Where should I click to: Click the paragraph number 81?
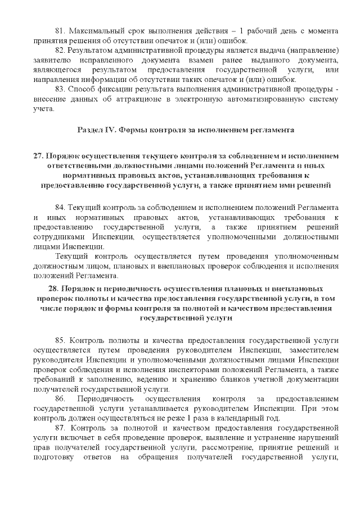pyautogui.click(x=59, y=29)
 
